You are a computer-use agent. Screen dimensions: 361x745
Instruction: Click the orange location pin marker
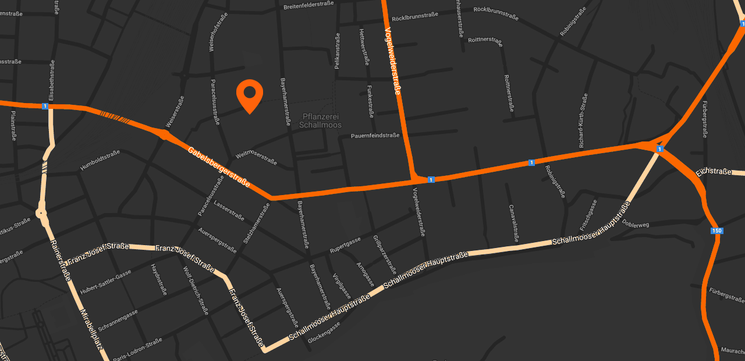(x=250, y=95)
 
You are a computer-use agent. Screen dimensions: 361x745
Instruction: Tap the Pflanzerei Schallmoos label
(x=320, y=121)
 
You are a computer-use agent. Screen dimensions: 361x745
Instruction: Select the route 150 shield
(x=717, y=231)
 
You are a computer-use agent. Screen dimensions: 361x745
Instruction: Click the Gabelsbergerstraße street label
(x=219, y=167)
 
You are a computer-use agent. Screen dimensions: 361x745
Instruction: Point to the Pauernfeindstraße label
(x=375, y=136)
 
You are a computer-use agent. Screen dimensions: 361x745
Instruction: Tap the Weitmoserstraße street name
(x=256, y=157)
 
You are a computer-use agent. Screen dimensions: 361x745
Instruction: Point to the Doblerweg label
(x=635, y=224)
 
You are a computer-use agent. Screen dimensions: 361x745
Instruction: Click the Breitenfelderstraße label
(x=308, y=6)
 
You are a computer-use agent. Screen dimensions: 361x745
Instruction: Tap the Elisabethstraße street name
(x=52, y=81)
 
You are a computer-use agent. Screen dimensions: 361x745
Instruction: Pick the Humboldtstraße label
(x=100, y=160)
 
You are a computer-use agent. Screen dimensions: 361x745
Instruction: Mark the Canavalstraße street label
(x=513, y=223)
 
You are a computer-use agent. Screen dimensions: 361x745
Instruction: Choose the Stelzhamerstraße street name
(x=257, y=222)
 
